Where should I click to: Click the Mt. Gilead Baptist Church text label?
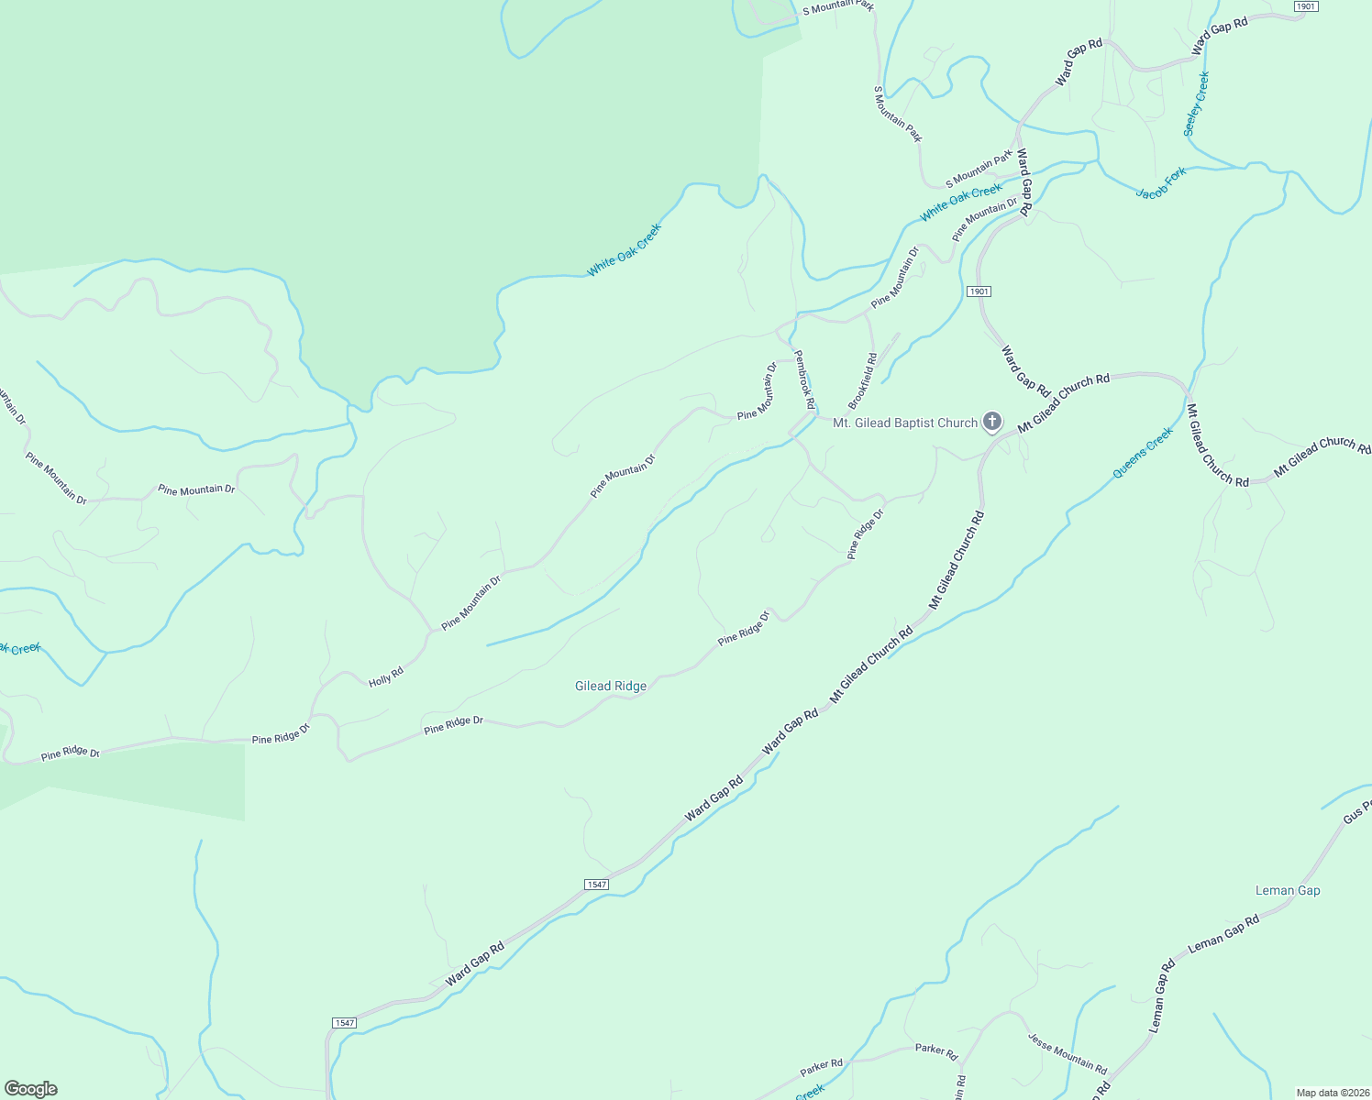click(x=904, y=423)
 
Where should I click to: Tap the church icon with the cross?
click(x=991, y=422)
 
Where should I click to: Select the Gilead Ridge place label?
click(x=611, y=686)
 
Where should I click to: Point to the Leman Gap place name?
click(x=1288, y=890)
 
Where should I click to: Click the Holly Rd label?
click(x=386, y=677)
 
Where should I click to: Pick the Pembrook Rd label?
click(x=804, y=379)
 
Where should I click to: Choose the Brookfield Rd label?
click(x=863, y=380)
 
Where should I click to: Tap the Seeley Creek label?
click(x=1197, y=104)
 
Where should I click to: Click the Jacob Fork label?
click(x=1161, y=181)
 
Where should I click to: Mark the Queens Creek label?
click(x=1143, y=453)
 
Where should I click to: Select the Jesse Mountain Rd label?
click(x=1068, y=1054)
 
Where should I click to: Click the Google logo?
click(x=31, y=1088)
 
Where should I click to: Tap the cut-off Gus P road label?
click(x=1357, y=811)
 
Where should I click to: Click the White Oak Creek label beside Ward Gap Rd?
click(x=961, y=202)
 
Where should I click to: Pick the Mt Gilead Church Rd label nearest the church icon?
click(x=1064, y=402)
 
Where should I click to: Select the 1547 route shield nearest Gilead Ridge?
click(x=596, y=885)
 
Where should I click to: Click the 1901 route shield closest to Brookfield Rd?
click(x=979, y=291)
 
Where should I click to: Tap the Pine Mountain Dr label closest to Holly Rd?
click(x=471, y=602)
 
